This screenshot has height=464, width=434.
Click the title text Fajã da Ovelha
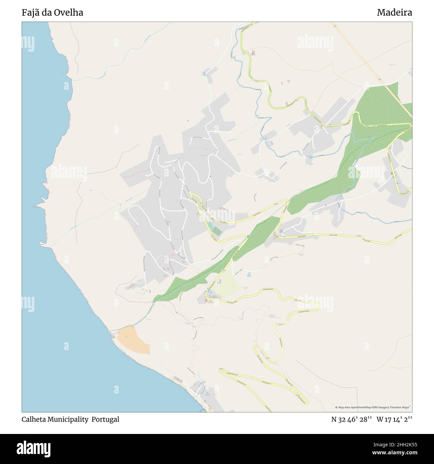(52, 13)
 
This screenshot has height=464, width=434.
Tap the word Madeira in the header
(394, 13)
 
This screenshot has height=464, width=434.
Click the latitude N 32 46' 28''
(351, 419)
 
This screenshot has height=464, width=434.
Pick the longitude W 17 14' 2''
(394, 419)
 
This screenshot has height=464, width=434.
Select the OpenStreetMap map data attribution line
(373, 407)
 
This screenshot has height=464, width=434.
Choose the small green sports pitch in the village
(217, 231)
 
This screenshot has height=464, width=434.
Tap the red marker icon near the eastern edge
(392, 173)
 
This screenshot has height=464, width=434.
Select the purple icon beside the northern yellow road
(253, 52)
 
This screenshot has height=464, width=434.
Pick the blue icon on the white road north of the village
(204, 73)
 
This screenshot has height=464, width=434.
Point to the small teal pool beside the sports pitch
(211, 226)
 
